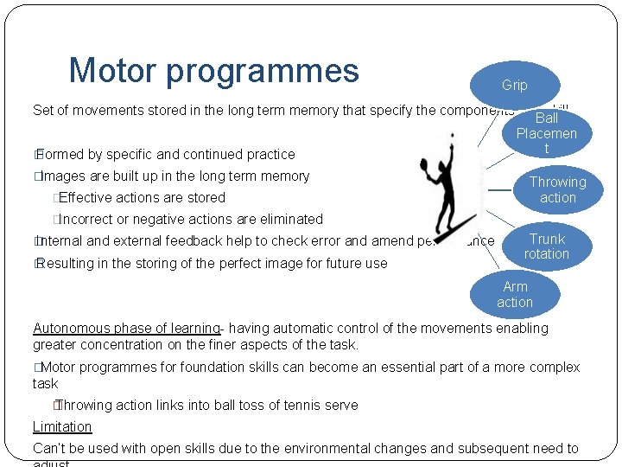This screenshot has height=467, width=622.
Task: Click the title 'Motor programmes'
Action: pos(213,70)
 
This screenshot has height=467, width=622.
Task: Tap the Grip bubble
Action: pos(514,85)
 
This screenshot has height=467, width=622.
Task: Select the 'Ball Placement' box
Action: pos(546,132)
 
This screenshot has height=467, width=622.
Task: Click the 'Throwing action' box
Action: pos(557,189)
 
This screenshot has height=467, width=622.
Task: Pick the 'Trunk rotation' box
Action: pos(547,246)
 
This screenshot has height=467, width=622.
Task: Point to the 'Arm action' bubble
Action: pos(515,294)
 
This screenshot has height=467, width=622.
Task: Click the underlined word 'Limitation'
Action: pos(62,426)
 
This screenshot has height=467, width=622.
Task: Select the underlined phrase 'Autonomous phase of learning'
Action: pos(126,328)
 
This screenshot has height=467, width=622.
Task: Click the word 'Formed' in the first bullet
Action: pos(60,154)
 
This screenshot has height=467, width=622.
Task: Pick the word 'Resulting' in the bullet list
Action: pos(67,263)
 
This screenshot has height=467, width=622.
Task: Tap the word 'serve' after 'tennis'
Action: pos(340,405)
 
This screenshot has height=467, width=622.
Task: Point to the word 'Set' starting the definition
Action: pos(42,110)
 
